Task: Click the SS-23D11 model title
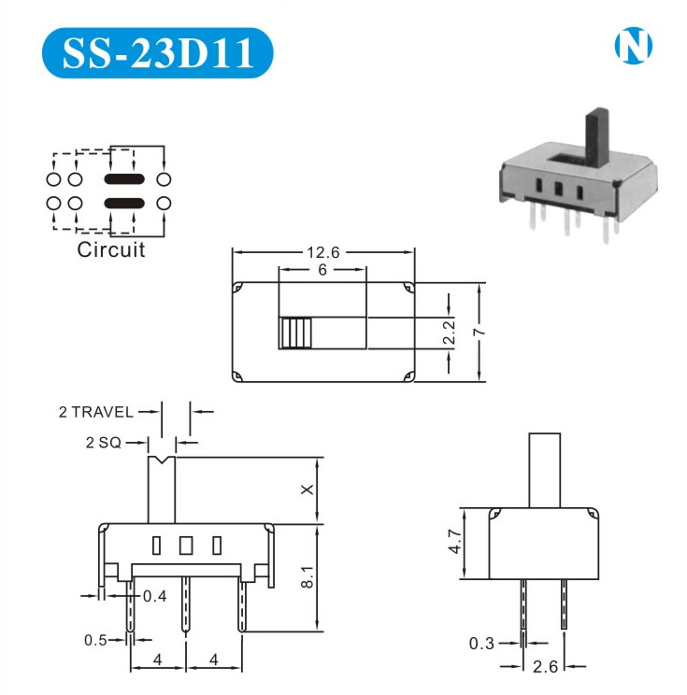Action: pyautogui.click(x=157, y=52)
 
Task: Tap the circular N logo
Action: pyautogui.click(x=634, y=45)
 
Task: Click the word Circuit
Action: pyautogui.click(x=111, y=249)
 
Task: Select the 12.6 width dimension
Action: pyautogui.click(x=322, y=252)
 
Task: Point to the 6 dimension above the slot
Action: pyautogui.click(x=322, y=269)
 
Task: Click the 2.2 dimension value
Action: pyautogui.click(x=449, y=333)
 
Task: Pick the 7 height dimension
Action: pyautogui.click(x=479, y=332)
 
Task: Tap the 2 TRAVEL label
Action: pyautogui.click(x=95, y=412)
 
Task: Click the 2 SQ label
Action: pyautogui.click(x=104, y=443)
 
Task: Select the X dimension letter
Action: pyautogui.click(x=307, y=489)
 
